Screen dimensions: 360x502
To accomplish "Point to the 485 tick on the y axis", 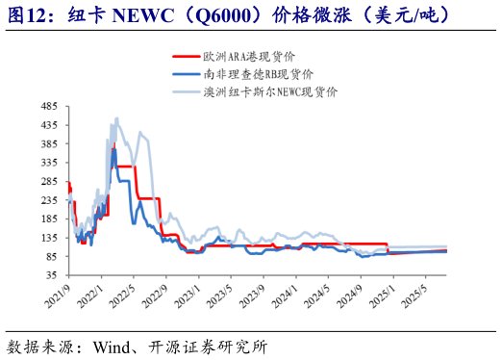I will tap(51, 107).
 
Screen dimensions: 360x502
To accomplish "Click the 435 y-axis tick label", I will tap(51, 125).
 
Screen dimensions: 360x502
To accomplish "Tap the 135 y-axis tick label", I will tap(51, 237).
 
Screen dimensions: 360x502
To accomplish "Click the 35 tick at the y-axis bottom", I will tap(54, 274).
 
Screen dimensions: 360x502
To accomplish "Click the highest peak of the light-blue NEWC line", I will tap(117, 118).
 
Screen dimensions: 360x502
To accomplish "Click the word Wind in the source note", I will tap(113, 344).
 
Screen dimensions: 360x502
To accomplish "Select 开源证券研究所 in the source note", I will tap(206, 344).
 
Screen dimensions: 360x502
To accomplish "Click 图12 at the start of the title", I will tap(24, 16).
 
